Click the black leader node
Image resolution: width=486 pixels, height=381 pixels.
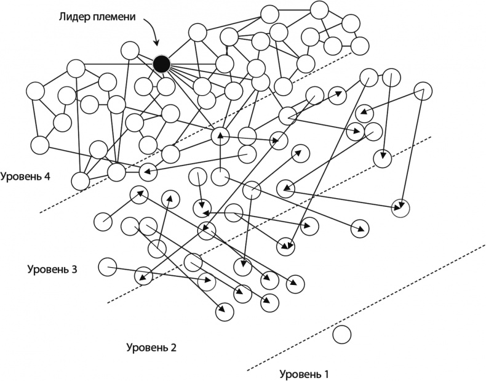pos(162,63)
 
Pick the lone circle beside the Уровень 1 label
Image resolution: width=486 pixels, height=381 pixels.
pos(341,335)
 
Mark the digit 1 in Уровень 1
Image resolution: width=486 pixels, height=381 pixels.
pos(327,374)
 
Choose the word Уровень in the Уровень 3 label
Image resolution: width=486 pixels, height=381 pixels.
pos(48,269)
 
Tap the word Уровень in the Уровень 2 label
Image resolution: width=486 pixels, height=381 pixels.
pos(148,348)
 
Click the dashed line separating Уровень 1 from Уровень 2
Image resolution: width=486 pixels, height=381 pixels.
pos(369,308)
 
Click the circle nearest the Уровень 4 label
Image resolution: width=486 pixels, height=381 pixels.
pos(80,181)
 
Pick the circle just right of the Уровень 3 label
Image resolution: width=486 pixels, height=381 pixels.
pos(108,266)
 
